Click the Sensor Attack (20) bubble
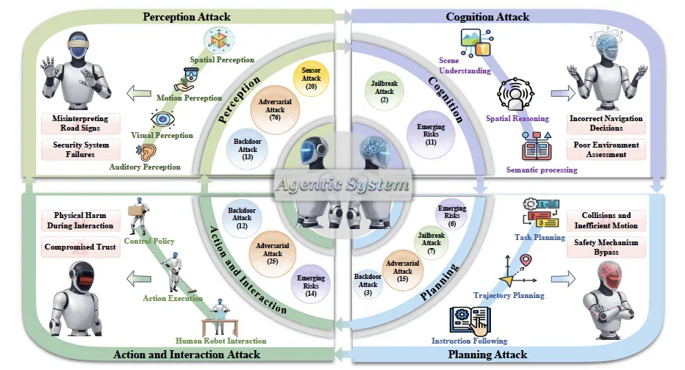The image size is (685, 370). pyautogui.click(x=311, y=79)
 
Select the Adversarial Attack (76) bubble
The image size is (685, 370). pyautogui.click(x=275, y=109)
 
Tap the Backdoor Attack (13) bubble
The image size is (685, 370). pyautogui.click(x=247, y=149)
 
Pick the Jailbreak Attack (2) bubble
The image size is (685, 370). pyautogui.click(x=384, y=91)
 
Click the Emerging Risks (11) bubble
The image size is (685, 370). pyautogui.click(x=431, y=134)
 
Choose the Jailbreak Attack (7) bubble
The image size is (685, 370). pyautogui.click(x=431, y=243)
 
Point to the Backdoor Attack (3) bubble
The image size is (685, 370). pyautogui.click(x=367, y=285)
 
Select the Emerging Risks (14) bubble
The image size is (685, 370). pyautogui.click(x=311, y=286)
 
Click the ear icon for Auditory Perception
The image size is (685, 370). pyautogui.click(x=147, y=152)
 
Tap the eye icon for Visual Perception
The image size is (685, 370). pyautogui.click(x=162, y=119)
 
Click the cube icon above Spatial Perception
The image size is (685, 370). pyautogui.click(x=219, y=40)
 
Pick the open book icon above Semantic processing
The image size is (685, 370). pyautogui.click(x=537, y=147)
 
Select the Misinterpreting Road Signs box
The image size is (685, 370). pyautogui.click(x=81, y=123)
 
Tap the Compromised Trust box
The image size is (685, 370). pyautogui.click(x=81, y=247)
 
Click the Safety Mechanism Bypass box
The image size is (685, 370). pyautogui.click(x=606, y=247)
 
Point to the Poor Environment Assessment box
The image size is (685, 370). pyautogui.click(x=606, y=149)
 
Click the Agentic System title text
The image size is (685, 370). pyautogui.click(x=343, y=184)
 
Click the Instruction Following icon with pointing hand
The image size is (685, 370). pyautogui.click(x=470, y=320)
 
